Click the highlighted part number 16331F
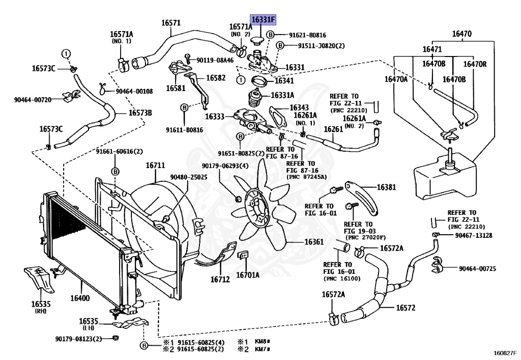(x=263, y=20)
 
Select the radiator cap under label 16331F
(x=257, y=41)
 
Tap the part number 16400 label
(x=80, y=298)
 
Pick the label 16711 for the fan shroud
(x=155, y=165)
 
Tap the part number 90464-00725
(x=477, y=268)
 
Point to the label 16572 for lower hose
(x=406, y=308)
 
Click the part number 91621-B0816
(x=307, y=35)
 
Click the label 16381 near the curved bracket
(x=386, y=187)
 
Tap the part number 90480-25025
(x=189, y=177)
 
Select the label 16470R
(x=475, y=64)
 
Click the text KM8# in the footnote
(x=263, y=342)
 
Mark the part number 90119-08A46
(x=215, y=60)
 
